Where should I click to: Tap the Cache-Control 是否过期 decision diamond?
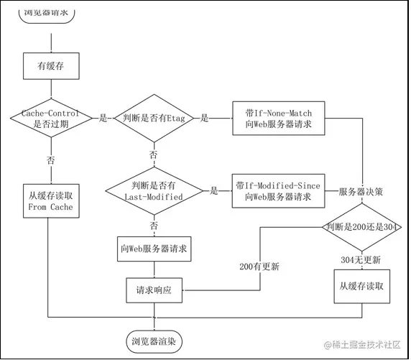click(x=49, y=119)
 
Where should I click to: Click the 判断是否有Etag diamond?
click(x=153, y=119)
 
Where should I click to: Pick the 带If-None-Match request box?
click(x=277, y=118)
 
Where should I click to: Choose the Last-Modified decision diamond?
click(x=153, y=190)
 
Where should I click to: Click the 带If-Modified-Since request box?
click(x=277, y=190)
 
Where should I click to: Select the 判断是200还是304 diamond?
click(x=361, y=227)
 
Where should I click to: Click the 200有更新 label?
click(x=259, y=267)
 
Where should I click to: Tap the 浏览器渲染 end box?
click(x=154, y=338)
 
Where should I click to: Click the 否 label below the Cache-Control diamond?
click(x=50, y=158)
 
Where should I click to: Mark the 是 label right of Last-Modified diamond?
click(x=213, y=191)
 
